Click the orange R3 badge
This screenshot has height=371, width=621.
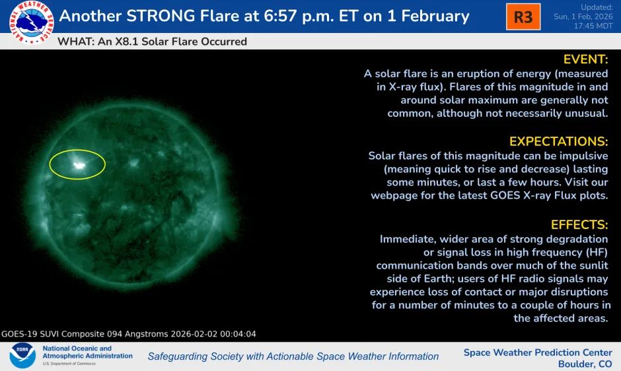[523, 17]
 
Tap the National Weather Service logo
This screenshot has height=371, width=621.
[32, 22]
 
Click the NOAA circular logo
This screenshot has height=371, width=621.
[22, 356]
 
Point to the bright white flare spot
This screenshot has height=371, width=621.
[79, 165]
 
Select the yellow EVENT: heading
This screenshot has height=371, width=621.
[585, 59]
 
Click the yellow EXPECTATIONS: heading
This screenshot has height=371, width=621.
[558, 141]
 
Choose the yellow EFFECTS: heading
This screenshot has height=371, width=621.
[579, 224]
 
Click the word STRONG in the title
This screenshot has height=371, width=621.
[161, 17]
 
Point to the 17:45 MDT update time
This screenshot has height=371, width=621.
[593, 26]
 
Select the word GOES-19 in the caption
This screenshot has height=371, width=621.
[19, 334]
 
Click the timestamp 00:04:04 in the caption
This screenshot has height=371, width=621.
[238, 334]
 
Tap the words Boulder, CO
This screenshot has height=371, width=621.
[585, 364]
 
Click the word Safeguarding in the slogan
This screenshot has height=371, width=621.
[176, 356]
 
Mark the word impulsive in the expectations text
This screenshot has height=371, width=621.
[583, 156]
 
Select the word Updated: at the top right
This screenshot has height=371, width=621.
[597, 7]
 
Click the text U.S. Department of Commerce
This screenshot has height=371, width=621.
[69, 364]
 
